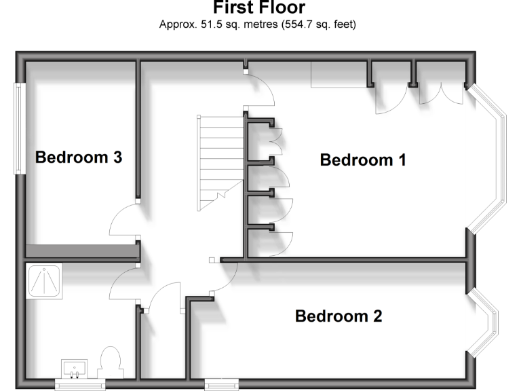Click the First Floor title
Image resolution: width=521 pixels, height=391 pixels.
[x=260, y=8]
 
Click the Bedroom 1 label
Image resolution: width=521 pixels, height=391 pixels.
[x=363, y=160]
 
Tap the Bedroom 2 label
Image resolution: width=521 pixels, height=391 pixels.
[x=339, y=316]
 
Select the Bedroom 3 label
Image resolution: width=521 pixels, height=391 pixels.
[x=79, y=157]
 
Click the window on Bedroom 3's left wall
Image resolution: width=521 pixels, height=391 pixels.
[x=20, y=128]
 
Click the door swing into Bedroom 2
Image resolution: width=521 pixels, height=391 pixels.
[x=224, y=276]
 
